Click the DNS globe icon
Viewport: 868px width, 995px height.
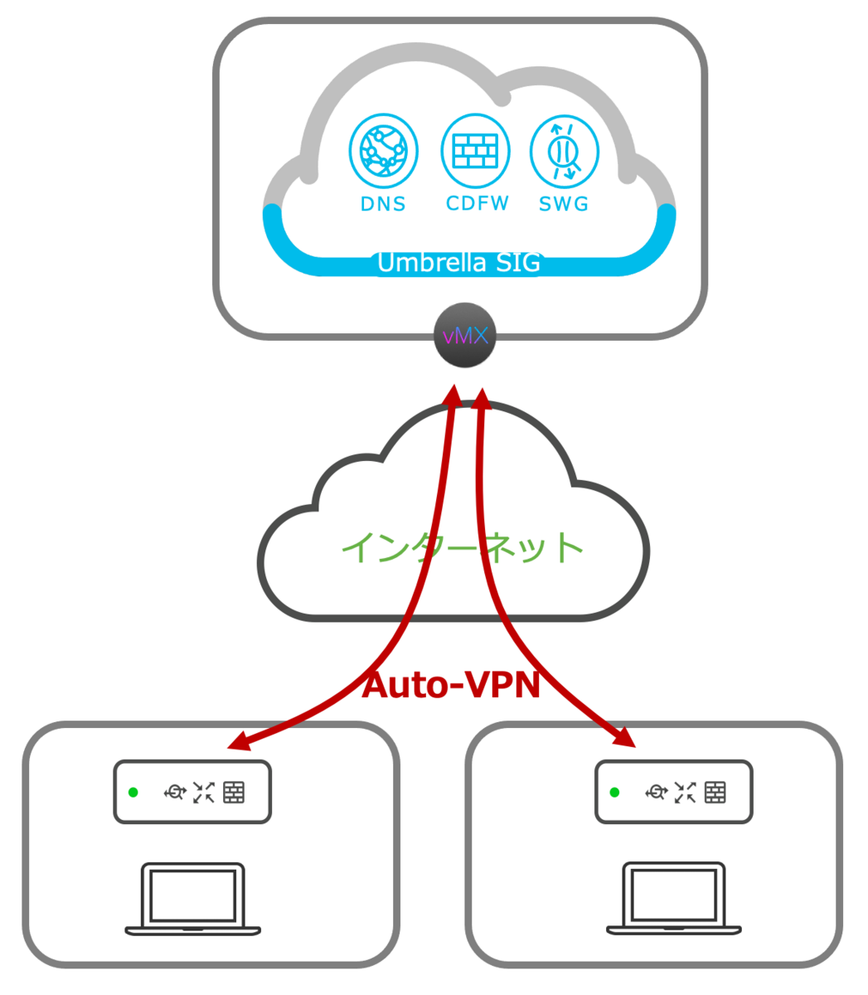[383, 152]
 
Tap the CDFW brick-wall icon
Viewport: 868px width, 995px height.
[475, 152]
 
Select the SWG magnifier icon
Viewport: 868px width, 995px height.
[564, 152]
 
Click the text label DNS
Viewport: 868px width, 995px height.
[383, 204]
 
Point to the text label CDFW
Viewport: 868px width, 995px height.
[478, 203]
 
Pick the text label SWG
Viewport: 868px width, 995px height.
[564, 204]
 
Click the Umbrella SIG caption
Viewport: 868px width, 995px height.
[458, 263]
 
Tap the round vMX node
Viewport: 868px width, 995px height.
[465, 336]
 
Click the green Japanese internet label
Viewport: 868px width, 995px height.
[463, 547]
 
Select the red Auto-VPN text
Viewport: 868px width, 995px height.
[452, 685]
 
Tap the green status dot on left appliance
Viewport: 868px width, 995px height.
[133, 793]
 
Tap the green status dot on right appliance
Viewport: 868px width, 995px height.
[614, 793]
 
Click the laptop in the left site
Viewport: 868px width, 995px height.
[193, 900]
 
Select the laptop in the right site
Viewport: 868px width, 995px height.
[674, 900]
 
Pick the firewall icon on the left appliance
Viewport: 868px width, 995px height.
[234, 793]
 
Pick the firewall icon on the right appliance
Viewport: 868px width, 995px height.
[715, 793]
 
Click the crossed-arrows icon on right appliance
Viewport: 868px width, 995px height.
[685, 793]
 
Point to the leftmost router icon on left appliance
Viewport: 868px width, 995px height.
[174, 793]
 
